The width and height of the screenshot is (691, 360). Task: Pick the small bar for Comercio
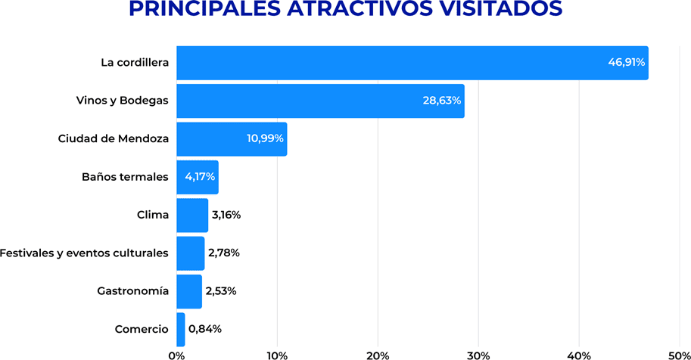(x=181, y=329)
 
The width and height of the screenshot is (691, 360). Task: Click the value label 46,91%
(x=627, y=63)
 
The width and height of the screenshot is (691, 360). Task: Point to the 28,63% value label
(x=442, y=101)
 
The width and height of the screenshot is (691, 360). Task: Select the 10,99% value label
(x=265, y=138)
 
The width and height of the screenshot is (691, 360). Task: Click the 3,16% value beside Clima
(x=226, y=215)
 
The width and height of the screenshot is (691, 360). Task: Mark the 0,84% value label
(x=204, y=329)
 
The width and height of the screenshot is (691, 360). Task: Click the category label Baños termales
(x=125, y=177)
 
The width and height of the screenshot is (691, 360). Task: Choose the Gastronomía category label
(x=132, y=291)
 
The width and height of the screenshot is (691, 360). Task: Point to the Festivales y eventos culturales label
(x=84, y=253)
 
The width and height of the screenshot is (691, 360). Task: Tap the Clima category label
(x=152, y=215)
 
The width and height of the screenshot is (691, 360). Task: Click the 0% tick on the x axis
(x=176, y=354)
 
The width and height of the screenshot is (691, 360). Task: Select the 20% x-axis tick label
(x=378, y=354)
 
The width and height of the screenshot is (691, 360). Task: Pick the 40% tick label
(x=579, y=354)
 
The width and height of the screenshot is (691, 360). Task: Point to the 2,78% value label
(x=223, y=253)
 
